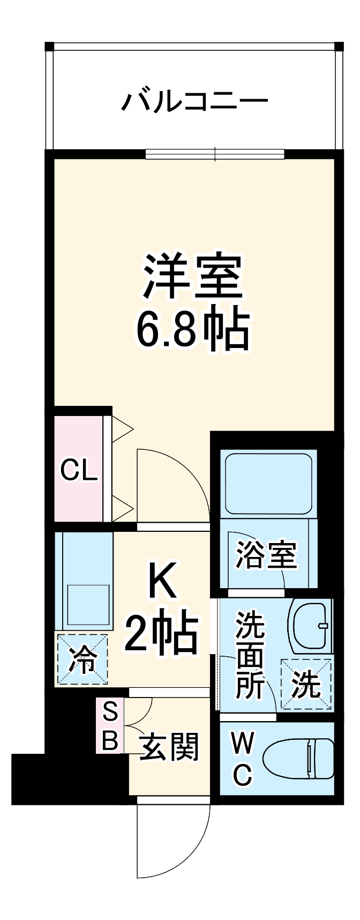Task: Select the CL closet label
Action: point(79,471)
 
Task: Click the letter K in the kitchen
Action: point(162,582)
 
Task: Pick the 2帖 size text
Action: point(162,633)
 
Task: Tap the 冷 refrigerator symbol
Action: point(82,660)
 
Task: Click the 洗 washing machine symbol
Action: point(306,685)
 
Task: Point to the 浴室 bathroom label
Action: point(266,555)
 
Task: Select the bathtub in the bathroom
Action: point(268,483)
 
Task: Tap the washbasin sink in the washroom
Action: point(311,626)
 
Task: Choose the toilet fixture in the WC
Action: point(300,758)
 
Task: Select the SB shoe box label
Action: point(110,726)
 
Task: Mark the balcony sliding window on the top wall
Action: point(215,154)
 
